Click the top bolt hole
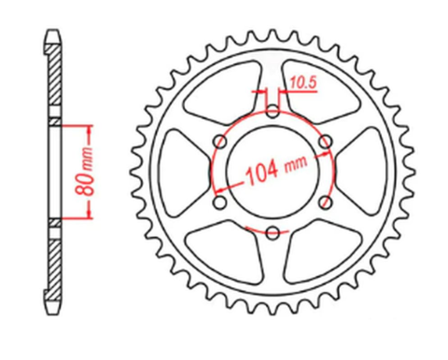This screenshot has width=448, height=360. coord(272,111)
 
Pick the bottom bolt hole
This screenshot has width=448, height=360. coord(272,233)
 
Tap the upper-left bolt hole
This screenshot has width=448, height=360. coord(219,142)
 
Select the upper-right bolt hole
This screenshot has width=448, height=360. coord(325,142)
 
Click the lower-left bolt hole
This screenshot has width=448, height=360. coord(219,202)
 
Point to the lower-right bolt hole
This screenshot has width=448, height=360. coord(325,202)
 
